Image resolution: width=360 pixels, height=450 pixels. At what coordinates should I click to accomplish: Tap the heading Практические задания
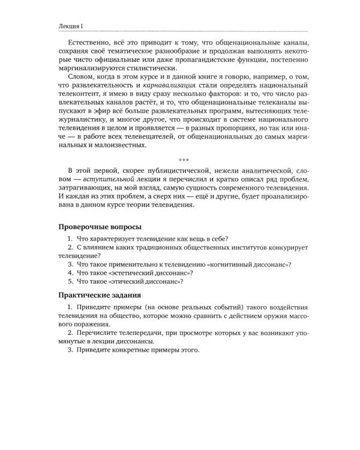100,295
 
